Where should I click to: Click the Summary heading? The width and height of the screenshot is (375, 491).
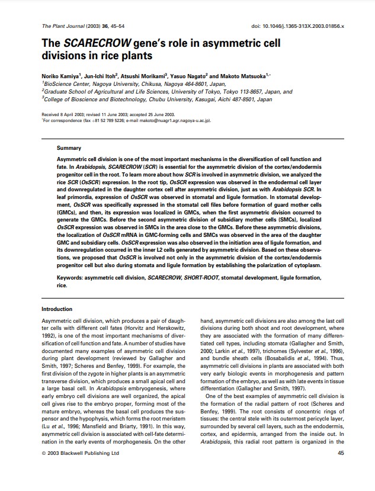click(69, 148)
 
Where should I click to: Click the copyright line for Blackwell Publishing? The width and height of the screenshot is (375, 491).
click(81, 453)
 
